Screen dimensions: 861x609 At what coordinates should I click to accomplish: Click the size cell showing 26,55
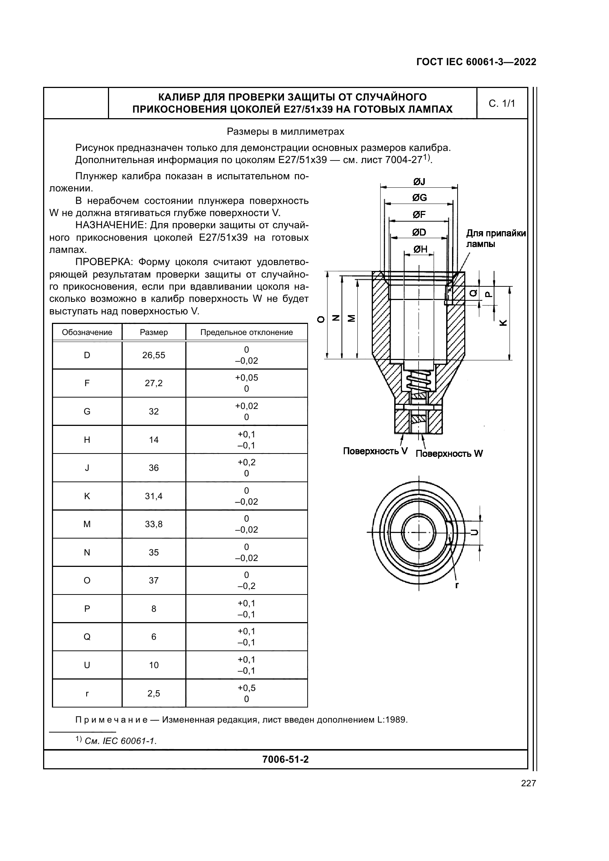154,355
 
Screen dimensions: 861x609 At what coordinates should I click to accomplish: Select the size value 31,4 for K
154,496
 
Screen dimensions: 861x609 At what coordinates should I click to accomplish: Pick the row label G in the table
87,412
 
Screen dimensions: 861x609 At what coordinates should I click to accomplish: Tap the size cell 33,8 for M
154,524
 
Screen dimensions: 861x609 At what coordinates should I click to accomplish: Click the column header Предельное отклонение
246,332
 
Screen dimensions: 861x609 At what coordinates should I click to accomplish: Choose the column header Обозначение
87,332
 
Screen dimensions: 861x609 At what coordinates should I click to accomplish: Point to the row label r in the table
87,694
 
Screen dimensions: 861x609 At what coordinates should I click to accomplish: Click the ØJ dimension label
419,182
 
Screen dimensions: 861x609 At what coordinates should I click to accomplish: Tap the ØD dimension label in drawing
419,233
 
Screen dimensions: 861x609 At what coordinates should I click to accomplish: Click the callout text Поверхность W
449,454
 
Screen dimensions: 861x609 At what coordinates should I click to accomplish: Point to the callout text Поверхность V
375,451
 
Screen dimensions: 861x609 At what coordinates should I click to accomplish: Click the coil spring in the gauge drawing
419,382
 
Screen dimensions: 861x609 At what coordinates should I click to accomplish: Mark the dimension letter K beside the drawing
504,322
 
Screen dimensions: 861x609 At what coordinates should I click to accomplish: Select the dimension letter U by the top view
474,533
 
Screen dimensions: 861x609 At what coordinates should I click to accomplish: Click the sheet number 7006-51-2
286,759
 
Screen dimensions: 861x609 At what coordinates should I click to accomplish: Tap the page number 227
528,783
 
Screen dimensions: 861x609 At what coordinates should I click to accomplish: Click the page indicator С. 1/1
502,103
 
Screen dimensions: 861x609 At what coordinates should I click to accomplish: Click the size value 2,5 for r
154,694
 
